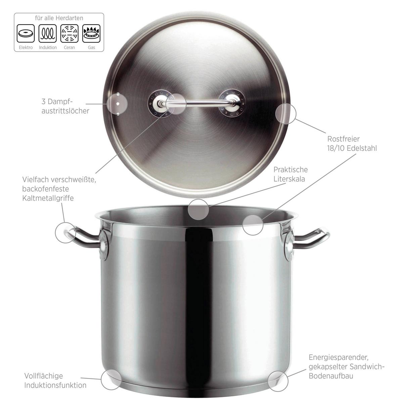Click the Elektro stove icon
coord(26,34)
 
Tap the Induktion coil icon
coord(47,34)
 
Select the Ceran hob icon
coord(69,34)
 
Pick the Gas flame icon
coord(91,34)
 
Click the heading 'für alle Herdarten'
coord(59,18)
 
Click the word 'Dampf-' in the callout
coord(60,101)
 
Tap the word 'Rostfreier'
coord(343,139)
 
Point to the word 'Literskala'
coord(289,179)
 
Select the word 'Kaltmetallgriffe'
coord(48,198)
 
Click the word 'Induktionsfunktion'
coord(55,385)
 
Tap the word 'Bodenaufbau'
coord(331,376)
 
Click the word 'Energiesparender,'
coord(336,357)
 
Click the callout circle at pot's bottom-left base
coord(111,379)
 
